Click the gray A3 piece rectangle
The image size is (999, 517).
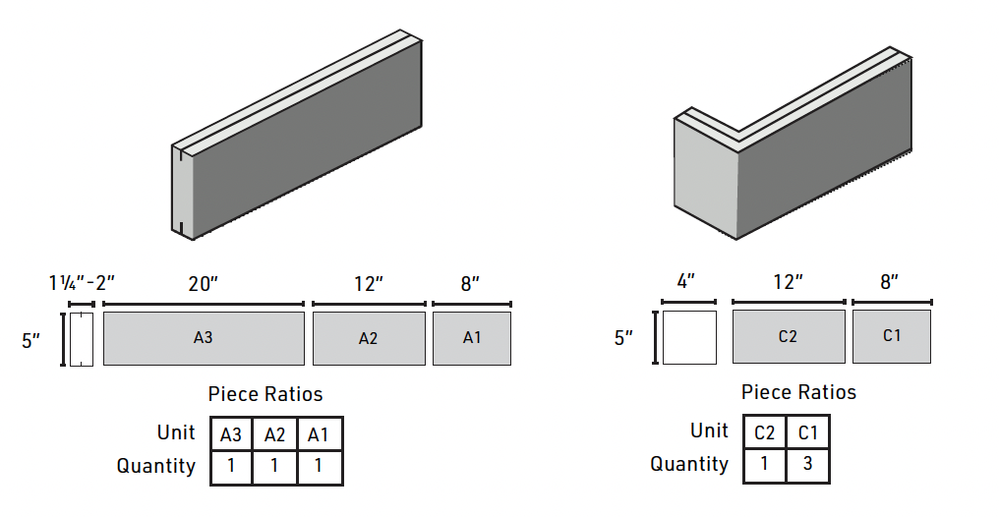point(204,338)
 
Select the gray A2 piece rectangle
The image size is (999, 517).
point(368,338)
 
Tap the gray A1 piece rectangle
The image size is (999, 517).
point(472,338)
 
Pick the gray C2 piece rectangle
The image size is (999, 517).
point(788,336)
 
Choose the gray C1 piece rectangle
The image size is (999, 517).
point(891,336)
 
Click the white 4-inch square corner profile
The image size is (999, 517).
point(689,337)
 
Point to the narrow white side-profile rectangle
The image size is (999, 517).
point(82,339)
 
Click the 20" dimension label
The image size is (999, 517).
point(203,284)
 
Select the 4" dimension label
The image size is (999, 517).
point(685,282)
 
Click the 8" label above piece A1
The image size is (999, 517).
point(470,284)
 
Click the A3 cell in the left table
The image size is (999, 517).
point(231,434)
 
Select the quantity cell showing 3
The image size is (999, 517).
point(807,464)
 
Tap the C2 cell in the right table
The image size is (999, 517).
point(765,432)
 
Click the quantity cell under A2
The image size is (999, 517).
point(274,466)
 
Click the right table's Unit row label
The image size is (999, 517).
point(709,431)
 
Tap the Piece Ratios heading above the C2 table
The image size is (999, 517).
point(798,393)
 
